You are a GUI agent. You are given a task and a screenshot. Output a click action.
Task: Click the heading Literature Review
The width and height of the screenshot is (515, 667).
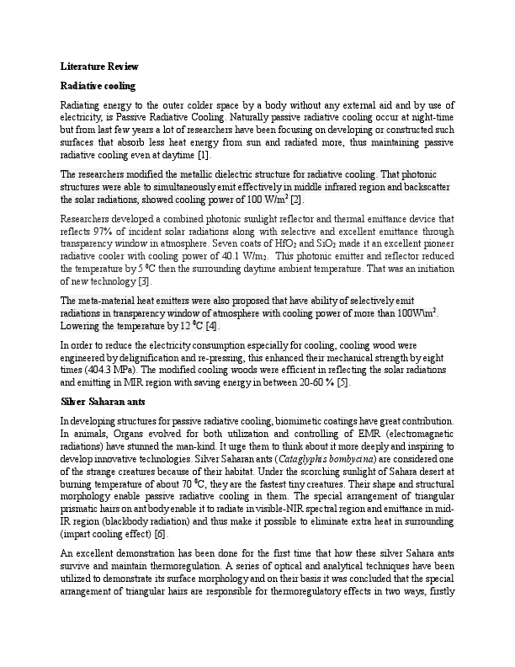(x=99, y=66)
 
